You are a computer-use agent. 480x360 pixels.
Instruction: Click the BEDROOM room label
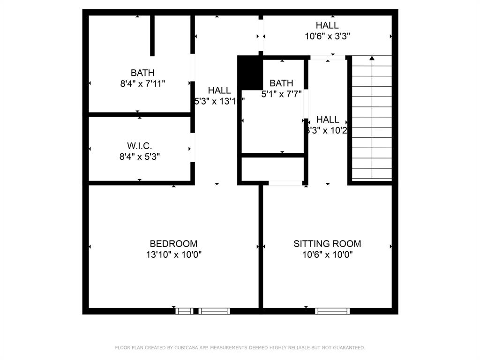[173, 244]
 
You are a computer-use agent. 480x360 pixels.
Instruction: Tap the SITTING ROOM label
[327, 244]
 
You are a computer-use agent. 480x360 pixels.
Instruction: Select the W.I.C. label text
[140, 146]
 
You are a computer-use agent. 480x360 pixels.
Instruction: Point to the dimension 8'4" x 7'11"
[142, 84]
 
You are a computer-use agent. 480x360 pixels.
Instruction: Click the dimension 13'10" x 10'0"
[173, 255]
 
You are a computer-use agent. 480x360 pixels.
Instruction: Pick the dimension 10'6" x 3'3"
[327, 36]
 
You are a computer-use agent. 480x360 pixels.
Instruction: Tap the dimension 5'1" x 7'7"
[281, 94]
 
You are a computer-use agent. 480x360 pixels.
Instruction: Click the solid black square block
[250, 72]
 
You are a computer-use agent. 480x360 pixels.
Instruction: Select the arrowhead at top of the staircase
[372, 58]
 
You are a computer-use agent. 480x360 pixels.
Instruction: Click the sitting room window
[332, 311]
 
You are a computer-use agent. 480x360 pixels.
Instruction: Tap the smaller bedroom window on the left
[184, 311]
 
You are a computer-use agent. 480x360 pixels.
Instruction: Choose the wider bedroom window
[214, 311]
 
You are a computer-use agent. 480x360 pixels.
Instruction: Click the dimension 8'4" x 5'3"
[140, 157]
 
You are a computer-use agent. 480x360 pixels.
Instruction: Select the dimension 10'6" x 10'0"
[327, 255]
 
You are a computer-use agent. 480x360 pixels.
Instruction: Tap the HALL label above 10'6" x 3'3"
[327, 25]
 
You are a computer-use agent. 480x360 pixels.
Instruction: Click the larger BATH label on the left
[142, 73]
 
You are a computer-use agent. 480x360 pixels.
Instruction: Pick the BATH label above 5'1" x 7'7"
[281, 83]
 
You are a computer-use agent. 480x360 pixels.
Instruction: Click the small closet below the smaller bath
[272, 169]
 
